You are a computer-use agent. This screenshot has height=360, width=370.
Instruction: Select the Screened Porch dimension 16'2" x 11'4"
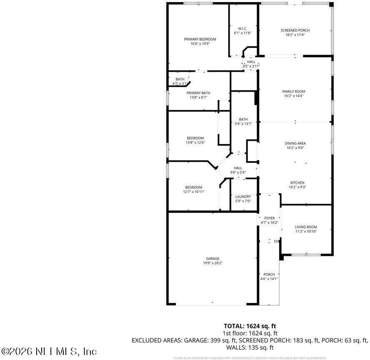click(x=295, y=35)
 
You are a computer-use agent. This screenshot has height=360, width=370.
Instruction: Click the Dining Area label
click(x=295, y=143)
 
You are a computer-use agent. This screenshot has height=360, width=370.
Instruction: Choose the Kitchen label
click(x=297, y=182)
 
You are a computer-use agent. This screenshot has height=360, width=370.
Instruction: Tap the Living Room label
click(x=306, y=227)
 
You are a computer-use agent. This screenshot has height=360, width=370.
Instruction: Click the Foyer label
click(x=269, y=218)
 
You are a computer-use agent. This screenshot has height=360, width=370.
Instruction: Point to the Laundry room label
click(x=243, y=197)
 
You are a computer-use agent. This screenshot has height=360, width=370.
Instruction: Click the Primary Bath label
click(x=198, y=93)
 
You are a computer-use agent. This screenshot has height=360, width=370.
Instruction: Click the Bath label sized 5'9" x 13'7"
click(x=243, y=119)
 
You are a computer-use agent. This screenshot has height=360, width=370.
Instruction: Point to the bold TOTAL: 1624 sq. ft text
click(x=250, y=326)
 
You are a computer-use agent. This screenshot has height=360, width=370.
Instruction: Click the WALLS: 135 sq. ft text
click(x=250, y=347)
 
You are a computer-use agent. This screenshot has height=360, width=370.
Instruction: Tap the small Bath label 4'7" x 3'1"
click(x=180, y=79)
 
